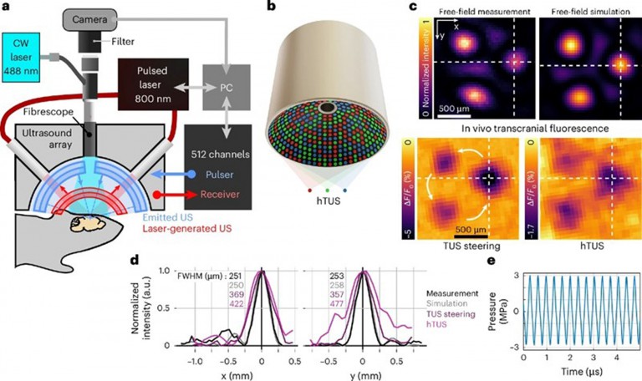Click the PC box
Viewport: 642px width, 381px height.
pos(239,86)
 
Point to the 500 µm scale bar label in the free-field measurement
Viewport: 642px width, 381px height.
pos(461,109)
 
